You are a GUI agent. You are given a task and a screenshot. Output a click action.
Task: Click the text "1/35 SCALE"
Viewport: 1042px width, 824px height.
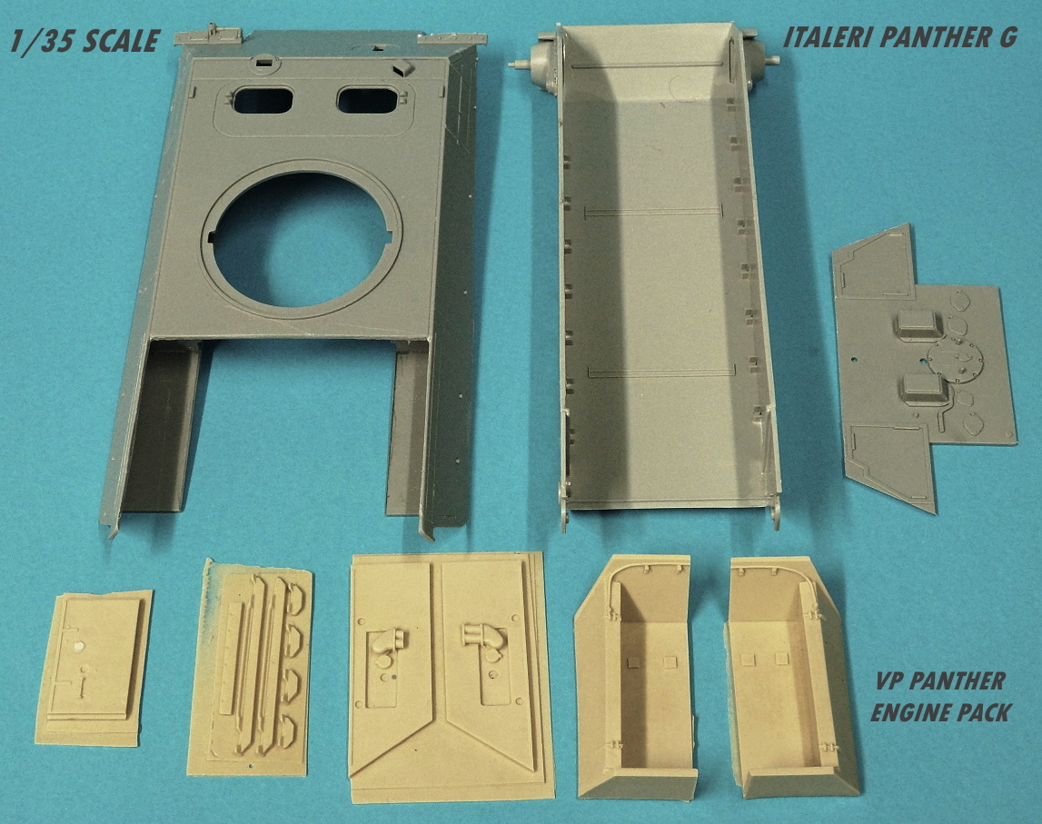84,41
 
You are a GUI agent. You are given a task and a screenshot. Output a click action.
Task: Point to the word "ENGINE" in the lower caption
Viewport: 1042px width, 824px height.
908,712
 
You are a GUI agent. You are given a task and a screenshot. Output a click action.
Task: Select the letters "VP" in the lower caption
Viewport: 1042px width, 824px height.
888,680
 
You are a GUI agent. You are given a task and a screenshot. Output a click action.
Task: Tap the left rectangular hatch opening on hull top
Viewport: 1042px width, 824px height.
263,100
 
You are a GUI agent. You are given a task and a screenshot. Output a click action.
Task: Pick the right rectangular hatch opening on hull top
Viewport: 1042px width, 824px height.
368,100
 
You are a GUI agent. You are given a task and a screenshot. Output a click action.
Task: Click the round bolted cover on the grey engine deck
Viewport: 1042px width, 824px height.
954,362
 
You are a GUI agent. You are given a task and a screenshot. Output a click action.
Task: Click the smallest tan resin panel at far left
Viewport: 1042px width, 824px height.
94,668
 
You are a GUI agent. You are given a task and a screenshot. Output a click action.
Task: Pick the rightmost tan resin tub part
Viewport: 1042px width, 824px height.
790,677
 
